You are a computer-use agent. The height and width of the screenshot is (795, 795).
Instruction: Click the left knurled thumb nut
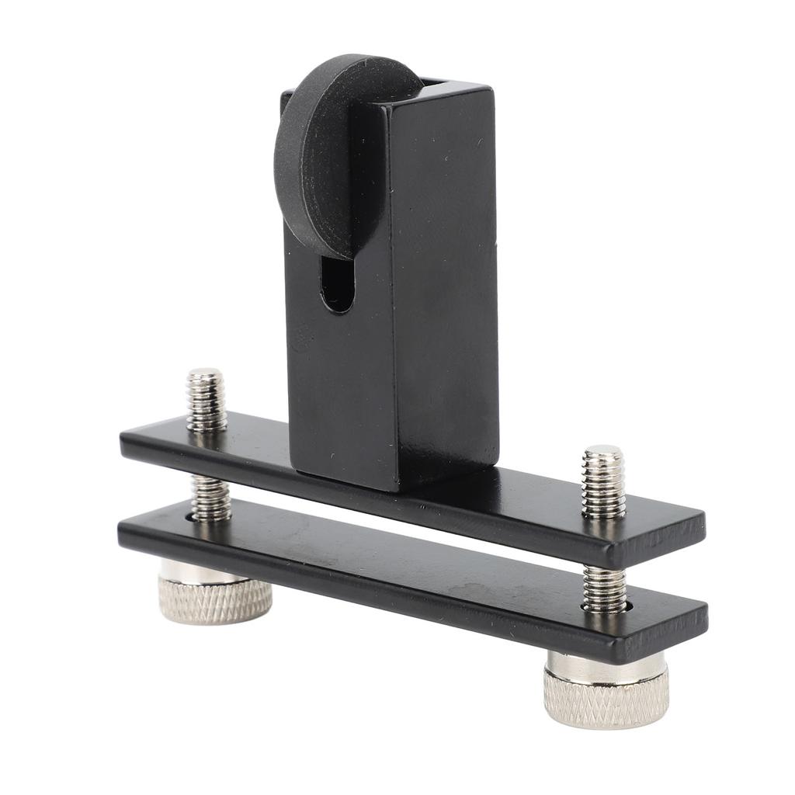215,600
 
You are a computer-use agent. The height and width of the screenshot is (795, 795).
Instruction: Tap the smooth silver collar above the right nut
604,665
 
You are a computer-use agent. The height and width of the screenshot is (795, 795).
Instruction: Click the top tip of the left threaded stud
205,376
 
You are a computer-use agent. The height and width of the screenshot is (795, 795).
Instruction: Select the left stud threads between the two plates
211,498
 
